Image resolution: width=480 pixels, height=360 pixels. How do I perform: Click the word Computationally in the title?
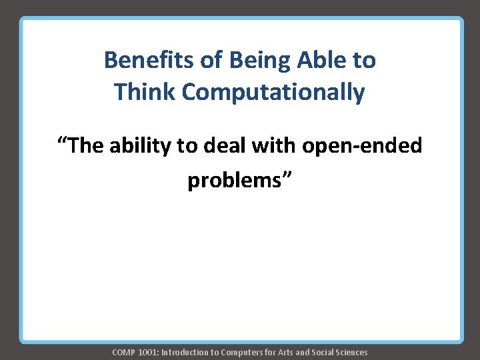click(x=273, y=92)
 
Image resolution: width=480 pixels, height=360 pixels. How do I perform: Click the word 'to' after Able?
click(x=364, y=61)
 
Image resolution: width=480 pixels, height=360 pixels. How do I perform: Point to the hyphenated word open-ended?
click(x=362, y=146)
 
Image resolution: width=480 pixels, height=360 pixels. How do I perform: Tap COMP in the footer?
click(x=123, y=352)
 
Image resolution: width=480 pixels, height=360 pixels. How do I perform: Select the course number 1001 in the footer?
click(x=148, y=352)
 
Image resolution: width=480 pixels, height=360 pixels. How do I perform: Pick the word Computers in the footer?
click(x=243, y=352)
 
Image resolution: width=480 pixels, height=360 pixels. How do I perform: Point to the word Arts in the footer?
click(x=283, y=352)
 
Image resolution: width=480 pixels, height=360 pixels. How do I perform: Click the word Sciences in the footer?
click(x=352, y=352)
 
